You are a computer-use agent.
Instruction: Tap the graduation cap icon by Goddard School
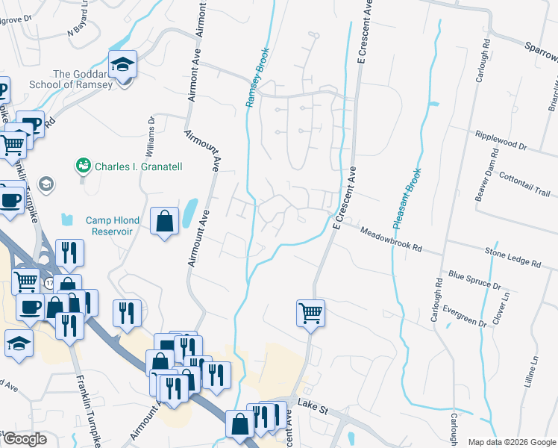click(x=123, y=66)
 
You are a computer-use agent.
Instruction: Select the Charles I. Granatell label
click(x=138, y=167)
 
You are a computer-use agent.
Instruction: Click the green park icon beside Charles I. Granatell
click(x=84, y=165)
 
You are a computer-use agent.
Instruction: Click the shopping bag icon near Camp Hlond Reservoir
click(x=164, y=222)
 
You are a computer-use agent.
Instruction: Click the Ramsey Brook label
click(x=257, y=78)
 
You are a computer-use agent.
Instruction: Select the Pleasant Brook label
click(x=407, y=192)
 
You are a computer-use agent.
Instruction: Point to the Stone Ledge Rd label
click(x=512, y=258)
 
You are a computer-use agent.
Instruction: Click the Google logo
click(x=24, y=438)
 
